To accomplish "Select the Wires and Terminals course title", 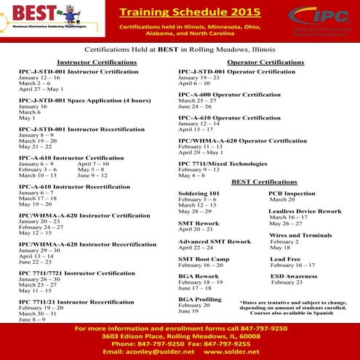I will click(x=300, y=235).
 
